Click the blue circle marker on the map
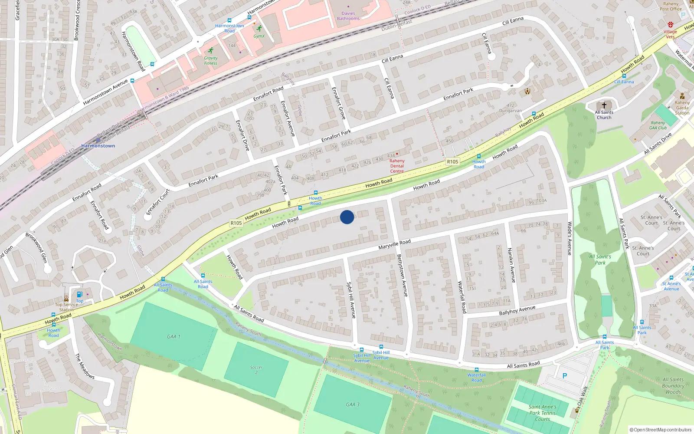[x=347, y=217]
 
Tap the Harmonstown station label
[x=98, y=146]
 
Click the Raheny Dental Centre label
[x=397, y=166]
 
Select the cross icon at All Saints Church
[x=604, y=105]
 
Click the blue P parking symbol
[x=565, y=376]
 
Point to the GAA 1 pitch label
[x=173, y=336]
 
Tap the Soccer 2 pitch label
[x=256, y=370]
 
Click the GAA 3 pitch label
[x=353, y=404]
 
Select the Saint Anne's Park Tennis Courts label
[x=542, y=413]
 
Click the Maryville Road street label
[x=394, y=244]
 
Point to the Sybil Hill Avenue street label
[x=351, y=300]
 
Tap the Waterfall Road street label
[x=462, y=297]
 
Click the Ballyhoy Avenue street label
[x=517, y=310]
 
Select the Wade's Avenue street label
[x=570, y=238]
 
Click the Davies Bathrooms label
[x=348, y=16]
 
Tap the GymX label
[x=259, y=36]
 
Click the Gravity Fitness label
[x=211, y=60]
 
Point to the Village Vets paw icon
[x=671, y=25]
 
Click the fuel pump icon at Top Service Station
[x=79, y=295]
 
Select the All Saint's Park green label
[x=600, y=260]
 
